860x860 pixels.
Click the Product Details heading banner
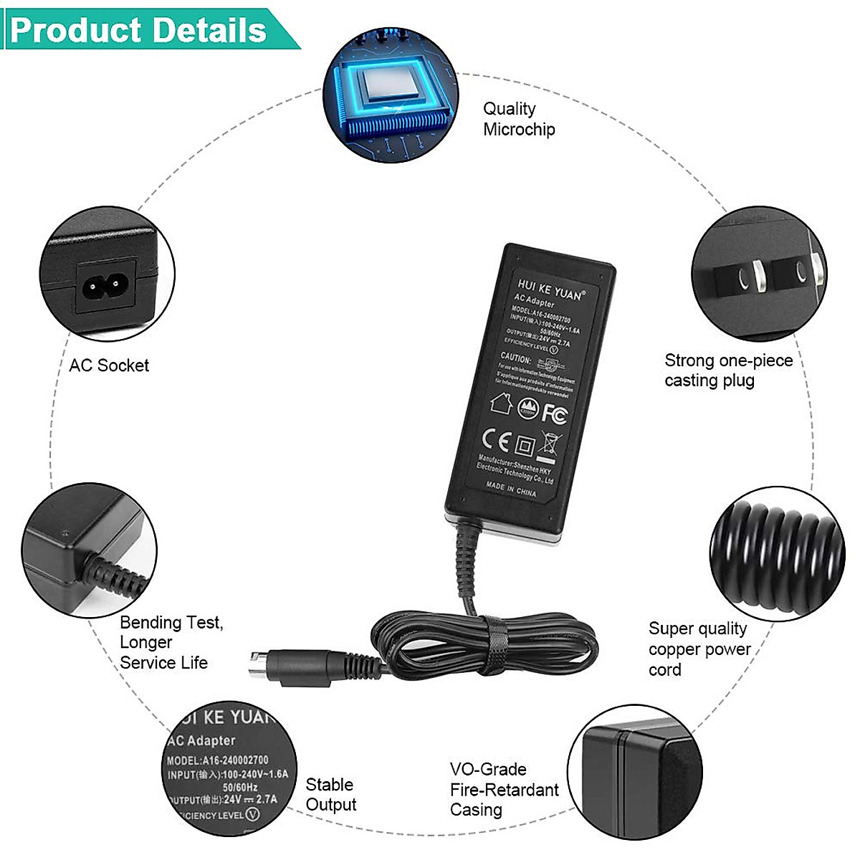pos(140,30)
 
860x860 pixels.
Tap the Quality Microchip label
pos(519,119)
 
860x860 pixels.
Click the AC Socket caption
pos(109,365)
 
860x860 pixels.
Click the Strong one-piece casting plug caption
pos(727,370)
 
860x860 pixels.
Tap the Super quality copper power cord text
pos(699,649)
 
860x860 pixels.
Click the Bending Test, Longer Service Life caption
pos(171,642)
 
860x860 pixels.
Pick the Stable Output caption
pos(330,795)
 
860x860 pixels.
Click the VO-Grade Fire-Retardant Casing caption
pos(503,790)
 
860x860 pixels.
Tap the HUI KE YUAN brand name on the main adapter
pos(550,289)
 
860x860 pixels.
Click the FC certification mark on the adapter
pos(554,414)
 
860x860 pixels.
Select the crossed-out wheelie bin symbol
pos(550,445)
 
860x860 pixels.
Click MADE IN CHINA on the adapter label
pos(510,489)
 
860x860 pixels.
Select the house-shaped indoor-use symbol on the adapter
pos(501,403)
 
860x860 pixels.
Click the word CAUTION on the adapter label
pos(515,358)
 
